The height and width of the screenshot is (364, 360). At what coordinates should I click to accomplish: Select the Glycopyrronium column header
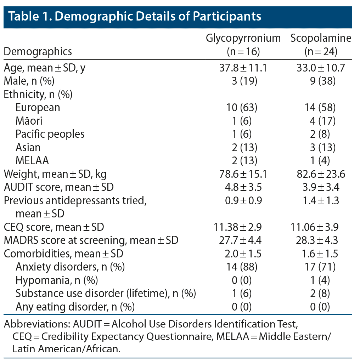tap(243, 38)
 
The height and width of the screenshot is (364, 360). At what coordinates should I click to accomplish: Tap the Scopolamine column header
tap(321, 38)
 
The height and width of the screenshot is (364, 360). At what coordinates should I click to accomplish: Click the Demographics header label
tap(38, 52)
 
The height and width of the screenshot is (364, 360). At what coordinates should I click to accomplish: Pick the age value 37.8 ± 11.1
tap(243, 68)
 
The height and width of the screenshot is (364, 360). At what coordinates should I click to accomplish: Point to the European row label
tap(38, 107)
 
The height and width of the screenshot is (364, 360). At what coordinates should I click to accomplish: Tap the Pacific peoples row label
tap(50, 134)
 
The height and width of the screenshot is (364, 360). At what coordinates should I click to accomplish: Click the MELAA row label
tap(32, 160)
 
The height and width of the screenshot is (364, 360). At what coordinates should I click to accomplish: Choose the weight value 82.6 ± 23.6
tap(321, 174)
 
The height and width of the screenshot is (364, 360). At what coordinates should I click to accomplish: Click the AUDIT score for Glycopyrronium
tap(243, 187)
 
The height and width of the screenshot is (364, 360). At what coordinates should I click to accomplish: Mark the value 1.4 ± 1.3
tap(321, 200)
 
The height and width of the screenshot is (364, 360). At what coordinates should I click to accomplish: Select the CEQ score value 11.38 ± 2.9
tap(243, 227)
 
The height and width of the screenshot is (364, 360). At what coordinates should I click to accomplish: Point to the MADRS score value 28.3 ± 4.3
tap(321, 240)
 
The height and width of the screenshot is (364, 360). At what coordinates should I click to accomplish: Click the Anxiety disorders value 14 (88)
tap(243, 267)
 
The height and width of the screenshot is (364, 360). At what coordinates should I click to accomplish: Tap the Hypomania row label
tap(57, 280)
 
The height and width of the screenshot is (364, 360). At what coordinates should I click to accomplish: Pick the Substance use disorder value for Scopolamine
tap(321, 294)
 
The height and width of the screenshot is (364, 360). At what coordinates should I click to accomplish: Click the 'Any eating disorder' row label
tap(75, 307)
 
